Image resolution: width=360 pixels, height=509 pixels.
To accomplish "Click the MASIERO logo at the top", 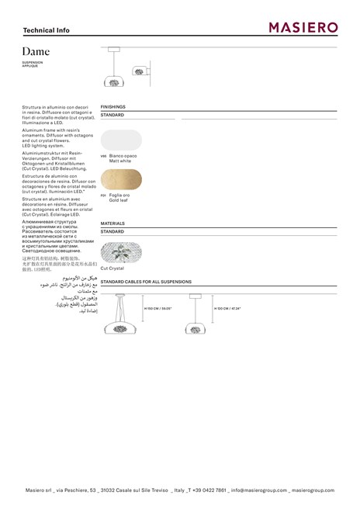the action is pyautogui.click(x=303, y=28).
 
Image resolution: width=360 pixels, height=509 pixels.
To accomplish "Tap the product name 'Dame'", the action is pyautogui.click(x=36, y=51).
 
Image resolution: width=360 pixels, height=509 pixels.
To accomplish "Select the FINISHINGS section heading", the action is pyautogui.click(x=113, y=106).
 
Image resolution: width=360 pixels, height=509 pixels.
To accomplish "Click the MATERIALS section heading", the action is pyautogui.click(x=112, y=223).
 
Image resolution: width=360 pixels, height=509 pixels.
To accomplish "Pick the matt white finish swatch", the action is pyautogui.click(x=122, y=140).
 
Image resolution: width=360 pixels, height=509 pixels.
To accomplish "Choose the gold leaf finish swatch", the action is pyautogui.click(x=122, y=179).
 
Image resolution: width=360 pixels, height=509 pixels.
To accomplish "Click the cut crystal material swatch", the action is pyautogui.click(x=121, y=252).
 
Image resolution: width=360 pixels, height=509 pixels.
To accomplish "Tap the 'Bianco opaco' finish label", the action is pyautogui.click(x=123, y=156).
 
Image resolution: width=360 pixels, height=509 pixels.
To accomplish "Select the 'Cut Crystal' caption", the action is pyautogui.click(x=112, y=268).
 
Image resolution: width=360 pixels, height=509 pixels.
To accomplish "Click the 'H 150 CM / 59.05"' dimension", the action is pyautogui.click(x=158, y=308).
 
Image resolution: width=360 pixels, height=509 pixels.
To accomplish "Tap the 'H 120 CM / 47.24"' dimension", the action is pyautogui.click(x=227, y=308).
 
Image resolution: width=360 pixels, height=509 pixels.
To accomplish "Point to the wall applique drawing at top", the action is pyautogui.click(x=141, y=71).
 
